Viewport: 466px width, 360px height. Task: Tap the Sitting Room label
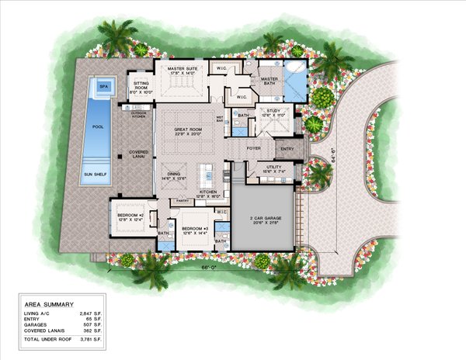(141, 83)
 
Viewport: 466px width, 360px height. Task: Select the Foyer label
(254, 145)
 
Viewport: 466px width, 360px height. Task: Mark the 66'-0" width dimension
(209, 268)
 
